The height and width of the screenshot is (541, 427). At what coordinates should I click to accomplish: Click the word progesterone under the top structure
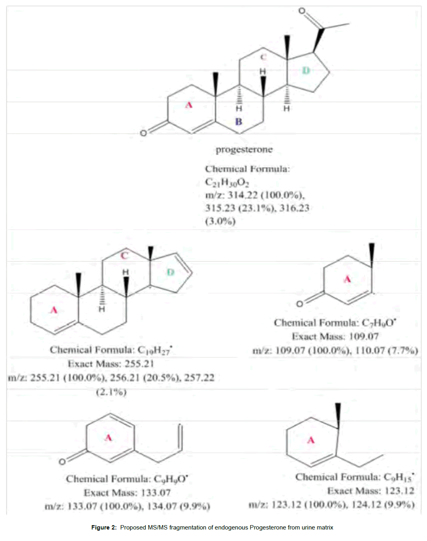pyautogui.click(x=244, y=150)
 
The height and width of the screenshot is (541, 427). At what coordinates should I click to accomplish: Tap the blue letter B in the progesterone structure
pyautogui.click(x=238, y=122)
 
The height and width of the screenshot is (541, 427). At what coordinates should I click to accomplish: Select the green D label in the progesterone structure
pyautogui.click(x=306, y=71)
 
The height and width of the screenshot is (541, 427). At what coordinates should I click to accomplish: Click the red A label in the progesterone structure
pyautogui.click(x=189, y=105)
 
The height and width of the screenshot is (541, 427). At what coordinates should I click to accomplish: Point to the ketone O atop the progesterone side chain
pyautogui.click(x=302, y=11)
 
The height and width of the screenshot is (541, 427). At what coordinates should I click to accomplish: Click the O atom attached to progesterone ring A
pyautogui.click(x=144, y=133)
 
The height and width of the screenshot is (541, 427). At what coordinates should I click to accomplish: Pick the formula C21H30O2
pyautogui.click(x=227, y=182)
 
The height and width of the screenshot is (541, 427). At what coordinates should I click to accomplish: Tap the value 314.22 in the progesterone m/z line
pyautogui.click(x=242, y=195)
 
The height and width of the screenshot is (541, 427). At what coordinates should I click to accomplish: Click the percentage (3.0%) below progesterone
pyautogui.click(x=220, y=221)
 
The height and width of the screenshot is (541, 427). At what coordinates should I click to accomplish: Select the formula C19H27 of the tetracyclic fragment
pyautogui.click(x=155, y=350)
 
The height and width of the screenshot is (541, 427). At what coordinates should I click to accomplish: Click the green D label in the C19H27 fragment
pyautogui.click(x=170, y=272)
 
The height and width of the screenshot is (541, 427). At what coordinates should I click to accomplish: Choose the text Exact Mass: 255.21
pyautogui.click(x=111, y=364)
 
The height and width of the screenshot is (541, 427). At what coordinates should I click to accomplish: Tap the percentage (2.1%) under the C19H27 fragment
pyautogui.click(x=111, y=392)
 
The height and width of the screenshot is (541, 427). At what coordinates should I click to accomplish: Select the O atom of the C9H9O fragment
pyautogui.click(x=62, y=462)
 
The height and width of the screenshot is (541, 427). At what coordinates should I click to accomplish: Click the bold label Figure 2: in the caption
pyautogui.click(x=104, y=528)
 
